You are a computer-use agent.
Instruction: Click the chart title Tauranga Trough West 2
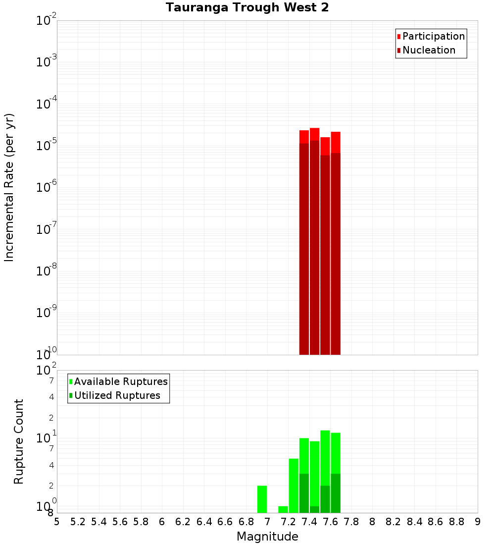[247, 7]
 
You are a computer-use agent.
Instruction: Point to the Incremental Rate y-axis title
[9, 187]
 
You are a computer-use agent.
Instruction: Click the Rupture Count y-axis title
[19, 441]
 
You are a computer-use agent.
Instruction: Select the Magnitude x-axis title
[267, 537]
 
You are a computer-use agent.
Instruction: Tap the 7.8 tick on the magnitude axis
[351, 522]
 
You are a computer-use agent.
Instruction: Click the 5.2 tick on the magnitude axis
[78, 522]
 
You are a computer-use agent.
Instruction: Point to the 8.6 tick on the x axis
[436, 522]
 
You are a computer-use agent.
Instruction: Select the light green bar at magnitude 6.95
[262, 499]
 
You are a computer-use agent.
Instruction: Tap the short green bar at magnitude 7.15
[283, 509]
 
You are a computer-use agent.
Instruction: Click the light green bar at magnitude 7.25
[294, 486]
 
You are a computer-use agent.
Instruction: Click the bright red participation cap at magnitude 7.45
[315, 134]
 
